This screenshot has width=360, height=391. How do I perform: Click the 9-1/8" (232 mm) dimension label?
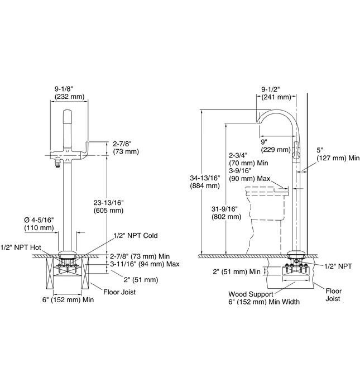pyautogui.click(x=69, y=92)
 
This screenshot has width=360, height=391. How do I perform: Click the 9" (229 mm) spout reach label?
pyautogui.click(x=273, y=146)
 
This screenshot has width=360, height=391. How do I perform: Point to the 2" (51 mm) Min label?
pyautogui.click(x=236, y=272)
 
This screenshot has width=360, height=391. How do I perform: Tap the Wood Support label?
pyautogui.click(x=250, y=294)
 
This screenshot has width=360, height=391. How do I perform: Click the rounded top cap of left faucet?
pyautogui.click(x=68, y=116)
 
